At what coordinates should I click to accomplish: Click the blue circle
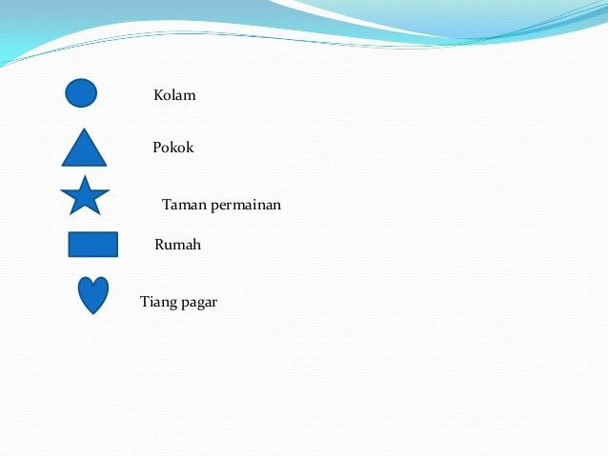81,93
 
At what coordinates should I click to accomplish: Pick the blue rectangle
93,245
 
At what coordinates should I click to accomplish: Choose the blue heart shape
93,293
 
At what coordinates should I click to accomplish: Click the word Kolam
174,95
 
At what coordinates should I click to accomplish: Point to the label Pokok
172,148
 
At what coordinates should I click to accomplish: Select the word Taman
184,205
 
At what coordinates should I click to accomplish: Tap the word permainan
246,206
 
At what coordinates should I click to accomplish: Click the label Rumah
177,245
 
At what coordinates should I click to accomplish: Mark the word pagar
199,304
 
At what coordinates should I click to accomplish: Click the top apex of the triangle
84,129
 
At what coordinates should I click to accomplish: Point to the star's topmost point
85,175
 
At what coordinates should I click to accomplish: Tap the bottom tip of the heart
93,314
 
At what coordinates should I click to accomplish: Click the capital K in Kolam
159,95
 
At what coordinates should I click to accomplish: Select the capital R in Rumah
160,245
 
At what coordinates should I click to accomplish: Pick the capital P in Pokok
157,148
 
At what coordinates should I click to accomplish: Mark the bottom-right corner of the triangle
107,166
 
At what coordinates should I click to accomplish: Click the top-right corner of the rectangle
118,232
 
